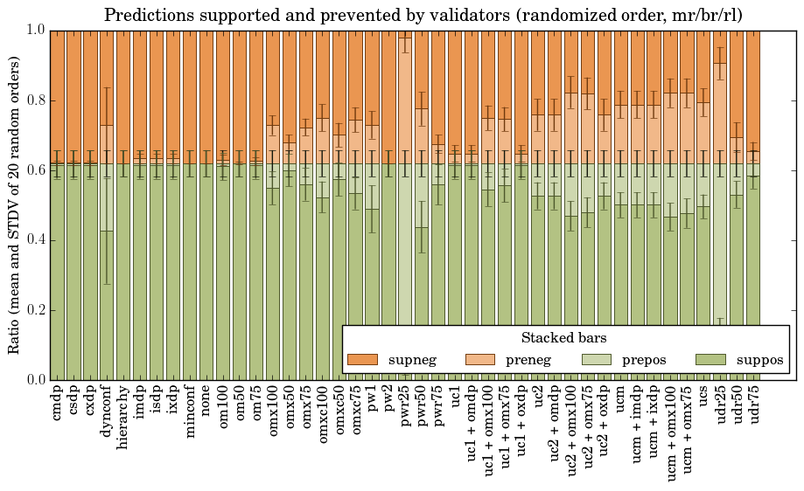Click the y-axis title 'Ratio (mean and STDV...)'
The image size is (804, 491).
[x=15, y=206]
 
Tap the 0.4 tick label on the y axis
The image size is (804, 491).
[x=32, y=240]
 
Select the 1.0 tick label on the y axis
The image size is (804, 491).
[x=32, y=31]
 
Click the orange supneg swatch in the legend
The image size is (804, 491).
[x=362, y=359]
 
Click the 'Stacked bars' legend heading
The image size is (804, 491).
[x=564, y=337]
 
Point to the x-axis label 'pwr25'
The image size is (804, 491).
[x=406, y=405]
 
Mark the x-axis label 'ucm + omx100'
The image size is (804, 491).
[x=672, y=428]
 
